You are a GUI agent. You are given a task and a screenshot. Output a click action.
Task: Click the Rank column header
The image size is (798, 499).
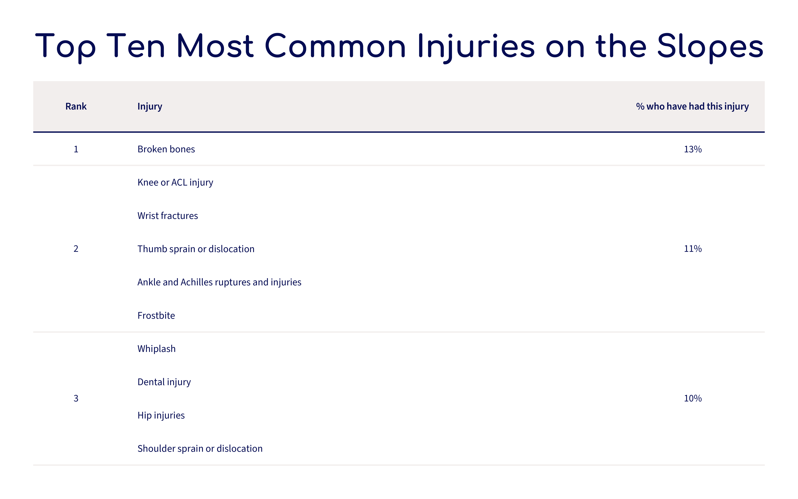point(76,106)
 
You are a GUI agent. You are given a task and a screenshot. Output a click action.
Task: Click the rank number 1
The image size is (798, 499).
point(76,149)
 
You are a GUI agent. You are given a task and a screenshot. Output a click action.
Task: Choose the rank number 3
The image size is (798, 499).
point(76,398)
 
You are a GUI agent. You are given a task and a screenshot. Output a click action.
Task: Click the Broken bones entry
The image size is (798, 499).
point(166,149)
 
